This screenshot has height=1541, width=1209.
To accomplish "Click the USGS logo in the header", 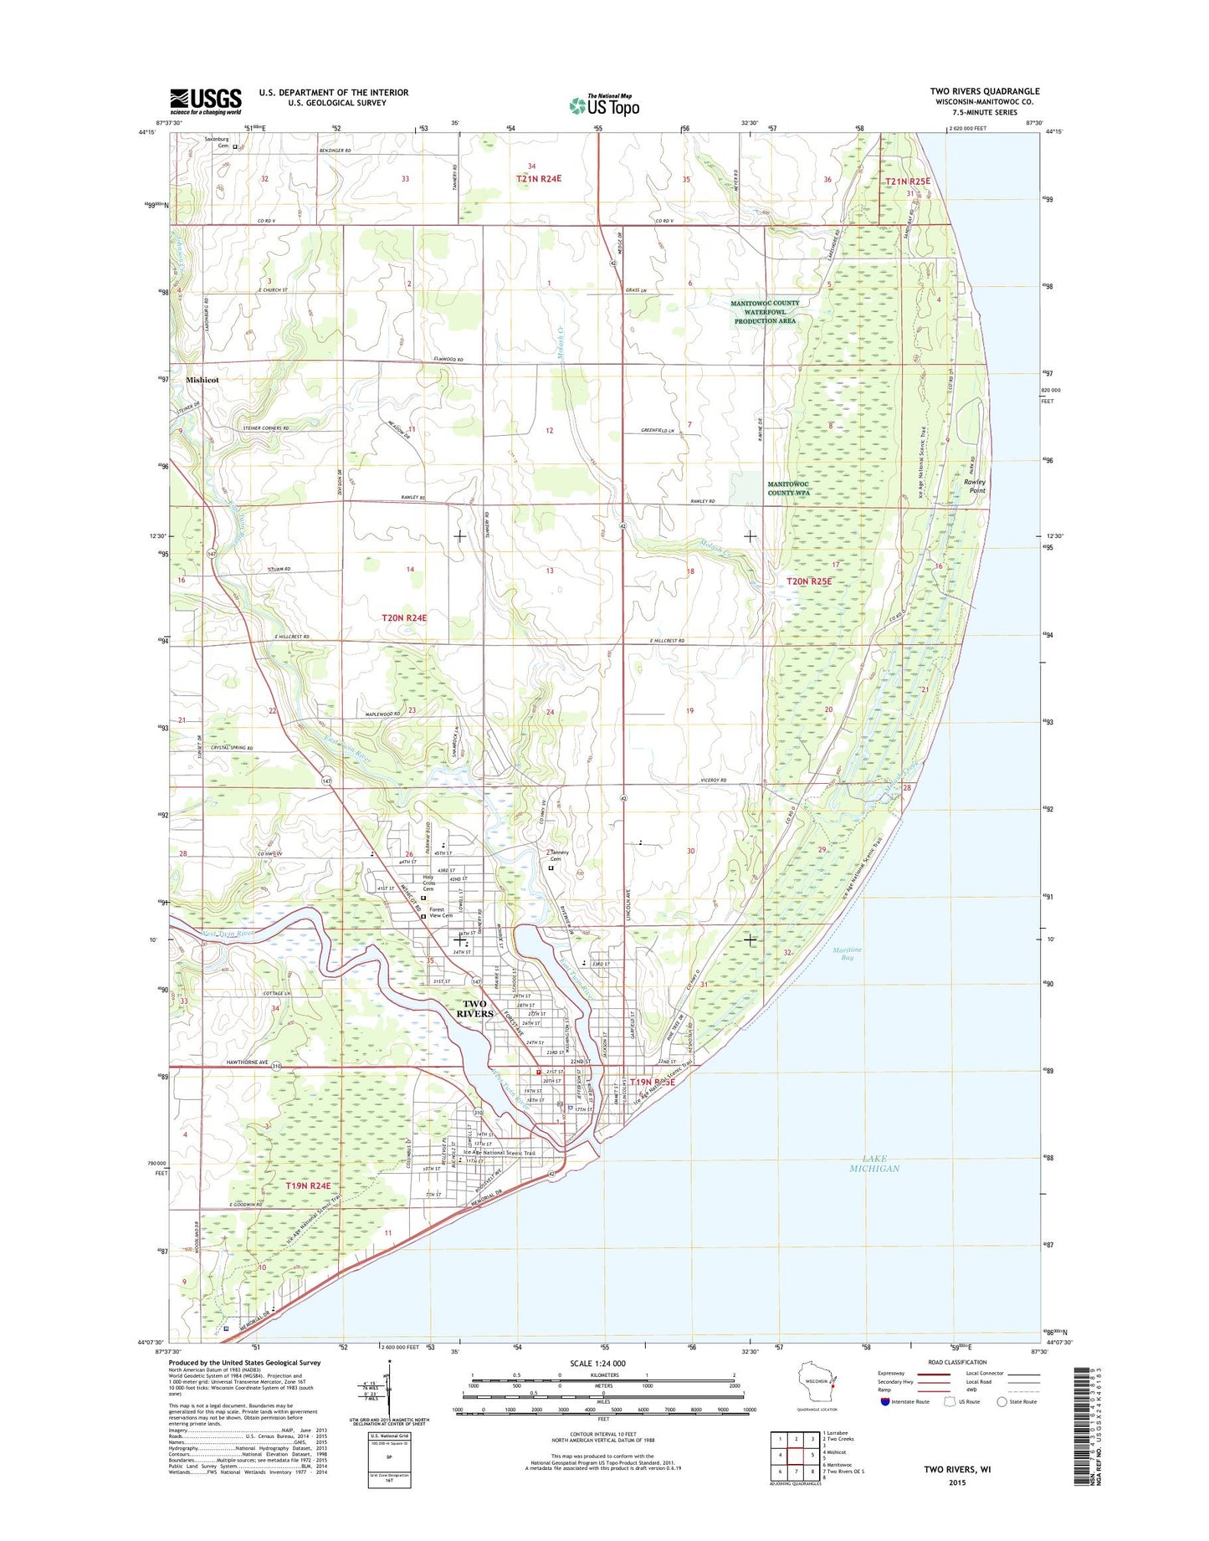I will tap(205, 101).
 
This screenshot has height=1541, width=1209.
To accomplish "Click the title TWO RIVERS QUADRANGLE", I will tap(984, 90).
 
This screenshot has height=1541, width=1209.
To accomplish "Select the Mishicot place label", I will tap(202, 379).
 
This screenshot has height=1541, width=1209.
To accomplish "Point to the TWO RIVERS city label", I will tap(474, 1008).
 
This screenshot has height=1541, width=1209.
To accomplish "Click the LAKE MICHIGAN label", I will tap(874, 1163).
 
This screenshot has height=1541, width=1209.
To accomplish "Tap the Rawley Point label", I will tap(975, 486).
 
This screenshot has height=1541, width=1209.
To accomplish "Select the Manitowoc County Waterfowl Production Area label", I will tap(765, 312).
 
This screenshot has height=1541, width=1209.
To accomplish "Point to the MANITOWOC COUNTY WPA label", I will tap(789, 489).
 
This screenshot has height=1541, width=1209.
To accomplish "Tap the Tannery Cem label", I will tap(560, 856).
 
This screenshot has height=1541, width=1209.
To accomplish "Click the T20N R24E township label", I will tap(404, 617).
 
